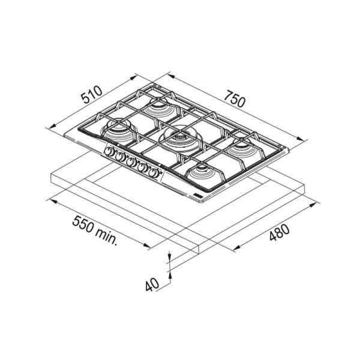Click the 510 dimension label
point(92,94)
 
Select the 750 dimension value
point(235,99)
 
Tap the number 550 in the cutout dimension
point(83,224)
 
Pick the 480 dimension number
point(279,233)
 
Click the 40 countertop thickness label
point(152,284)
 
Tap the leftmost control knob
point(109,151)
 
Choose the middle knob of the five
point(131,162)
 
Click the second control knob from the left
point(120,157)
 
